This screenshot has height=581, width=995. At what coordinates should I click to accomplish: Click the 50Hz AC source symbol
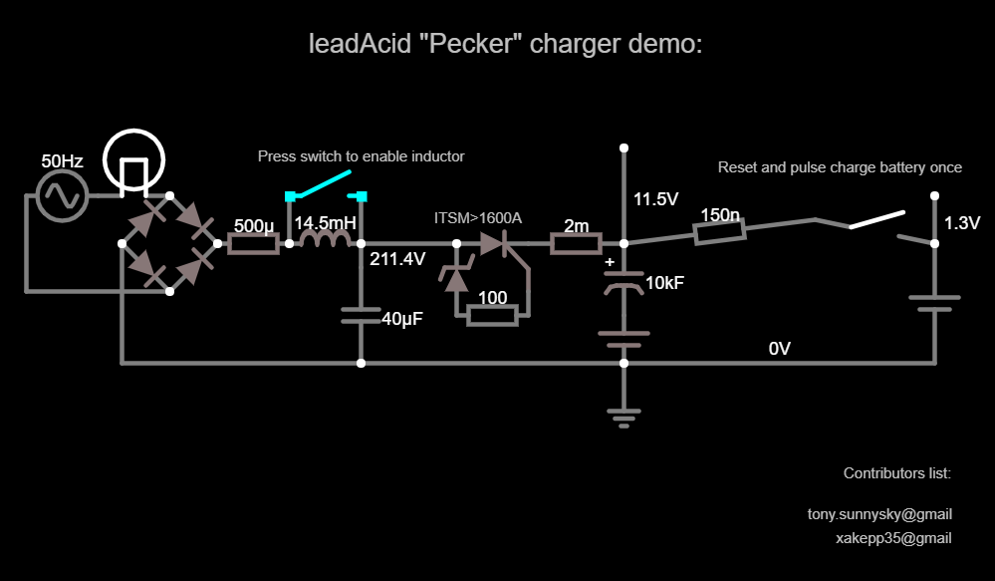tap(62, 195)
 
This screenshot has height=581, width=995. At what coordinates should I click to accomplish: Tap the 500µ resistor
tap(254, 243)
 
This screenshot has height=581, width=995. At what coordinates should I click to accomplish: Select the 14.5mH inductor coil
tap(325, 242)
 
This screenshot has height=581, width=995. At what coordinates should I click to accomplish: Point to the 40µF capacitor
tap(361, 316)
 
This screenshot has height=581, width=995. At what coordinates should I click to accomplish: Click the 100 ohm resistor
tap(492, 316)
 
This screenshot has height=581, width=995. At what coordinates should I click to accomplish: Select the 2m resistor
tap(576, 243)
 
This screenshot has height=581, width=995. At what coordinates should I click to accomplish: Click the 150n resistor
tap(719, 233)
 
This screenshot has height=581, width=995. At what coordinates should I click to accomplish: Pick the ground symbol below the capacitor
tap(623, 416)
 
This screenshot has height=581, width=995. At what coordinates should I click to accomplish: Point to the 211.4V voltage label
tap(397, 260)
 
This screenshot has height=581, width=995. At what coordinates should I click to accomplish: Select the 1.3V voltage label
tap(962, 223)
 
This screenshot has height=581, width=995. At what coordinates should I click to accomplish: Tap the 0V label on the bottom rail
tap(779, 349)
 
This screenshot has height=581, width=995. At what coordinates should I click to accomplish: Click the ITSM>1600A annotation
tap(478, 217)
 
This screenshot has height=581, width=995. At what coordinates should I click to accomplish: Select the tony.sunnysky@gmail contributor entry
tap(879, 514)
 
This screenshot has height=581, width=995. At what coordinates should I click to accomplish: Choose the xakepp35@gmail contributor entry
tap(893, 538)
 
